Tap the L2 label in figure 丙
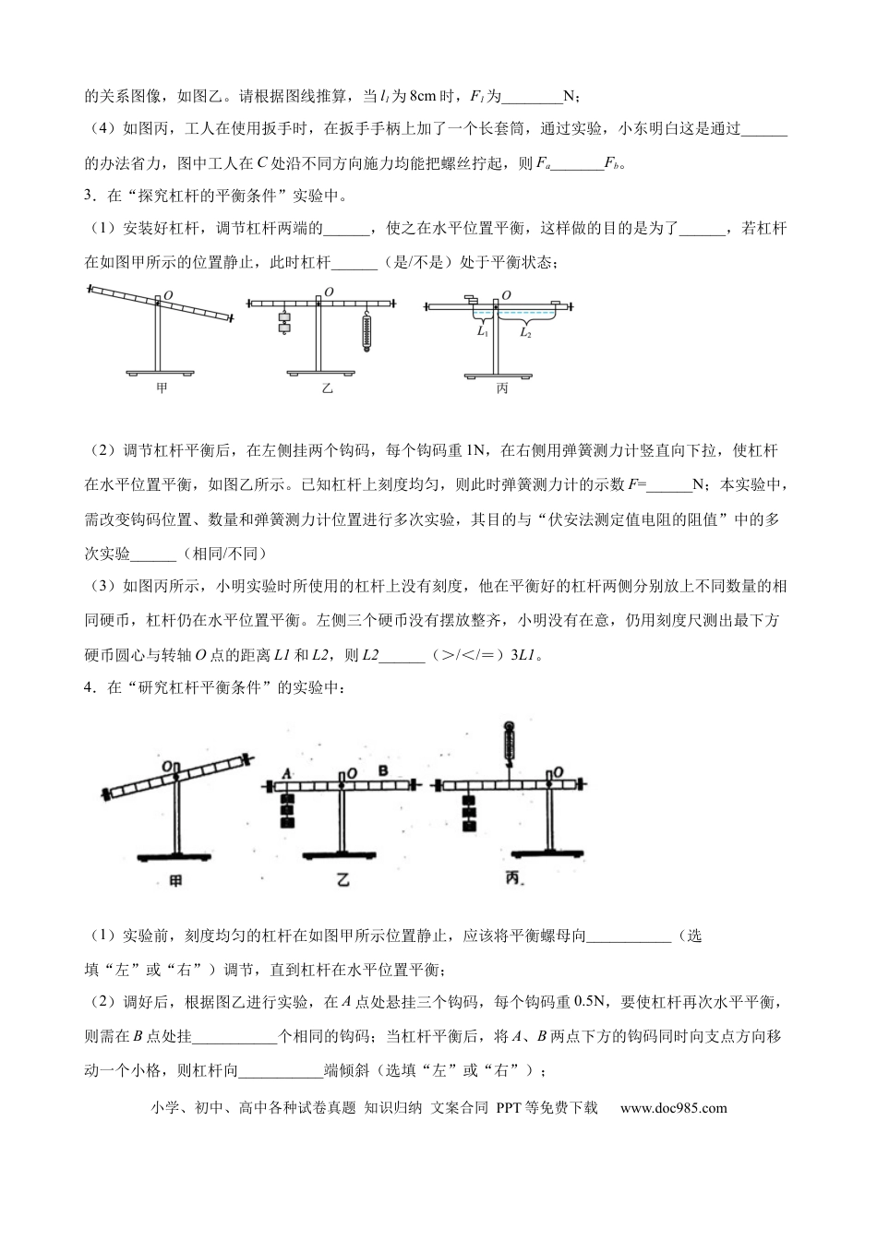524,332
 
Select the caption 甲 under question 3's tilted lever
162,388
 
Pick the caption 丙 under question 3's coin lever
502,388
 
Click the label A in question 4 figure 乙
287,772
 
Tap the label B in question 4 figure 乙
383,770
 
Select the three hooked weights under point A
288,809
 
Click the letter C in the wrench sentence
262,164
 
